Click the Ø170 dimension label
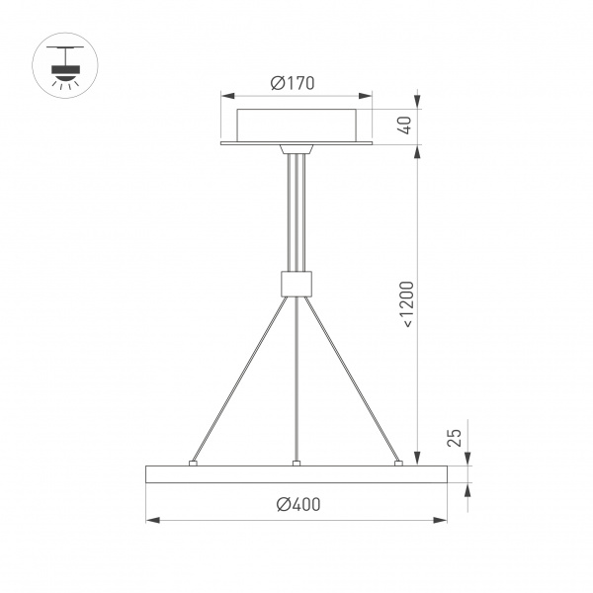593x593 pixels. pos(296,84)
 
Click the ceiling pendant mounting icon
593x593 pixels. pos(67,65)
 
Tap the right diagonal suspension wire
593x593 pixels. pos(351,378)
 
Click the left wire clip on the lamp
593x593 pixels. pos(194,461)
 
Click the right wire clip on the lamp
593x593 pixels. pos(398,461)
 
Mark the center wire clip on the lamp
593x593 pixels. pos(296,461)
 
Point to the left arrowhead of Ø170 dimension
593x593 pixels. pos(225,97)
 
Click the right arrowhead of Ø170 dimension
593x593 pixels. pos(367,97)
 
